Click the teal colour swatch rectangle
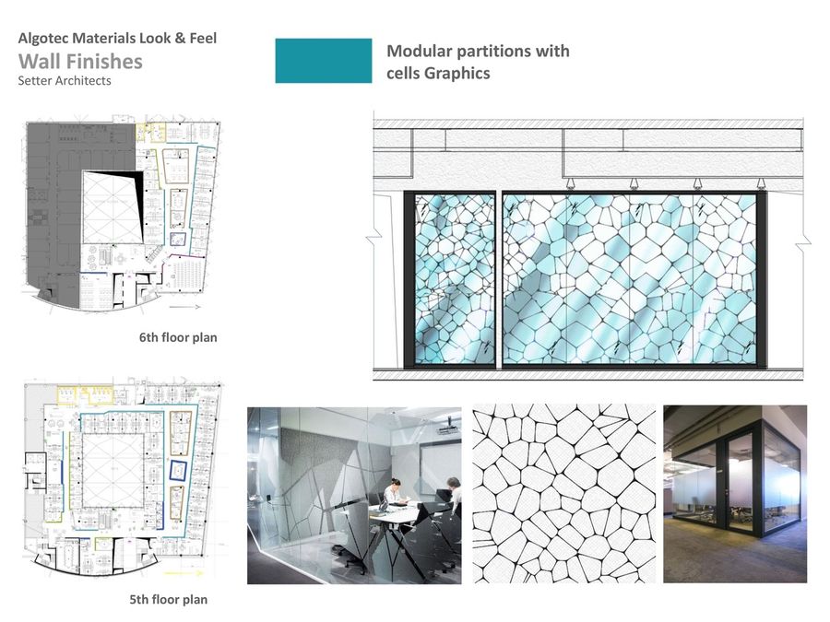(x=324, y=61)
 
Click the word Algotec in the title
(x=43, y=38)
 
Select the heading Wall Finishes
(x=80, y=62)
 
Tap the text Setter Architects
(x=65, y=81)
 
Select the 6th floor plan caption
(x=178, y=337)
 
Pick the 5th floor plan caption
(x=169, y=599)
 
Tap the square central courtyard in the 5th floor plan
(x=113, y=470)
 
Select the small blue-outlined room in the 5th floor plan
(x=178, y=470)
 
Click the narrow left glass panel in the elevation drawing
(x=454, y=279)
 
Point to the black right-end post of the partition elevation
(x=762, y=278)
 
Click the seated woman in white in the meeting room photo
(x=394, y=493)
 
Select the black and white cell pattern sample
(x=563, y=494)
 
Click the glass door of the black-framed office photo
(x=740, y=484)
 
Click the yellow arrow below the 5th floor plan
(x=180, y=573)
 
